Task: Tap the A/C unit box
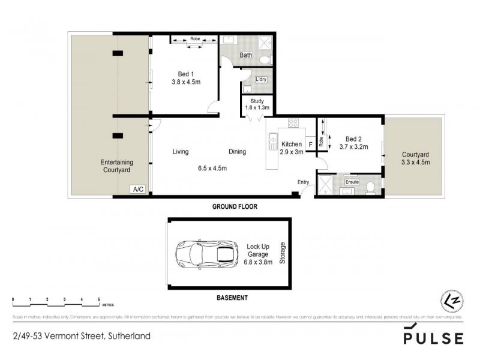[x=138, y=189]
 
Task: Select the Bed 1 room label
[x=184, y=79]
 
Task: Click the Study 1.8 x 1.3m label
[x=257, y=105]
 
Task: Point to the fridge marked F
[x=310, y=145]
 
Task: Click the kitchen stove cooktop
[x=293, y=123]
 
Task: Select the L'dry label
[x=261, y=79]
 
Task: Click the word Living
[x=181, y=152]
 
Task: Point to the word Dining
[x=237, y=152]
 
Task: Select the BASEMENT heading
[x=231, y=298]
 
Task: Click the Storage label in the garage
[x=283, y=254]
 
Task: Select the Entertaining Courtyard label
[x=116, y=166]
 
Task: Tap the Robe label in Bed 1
[x=194, y=38]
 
